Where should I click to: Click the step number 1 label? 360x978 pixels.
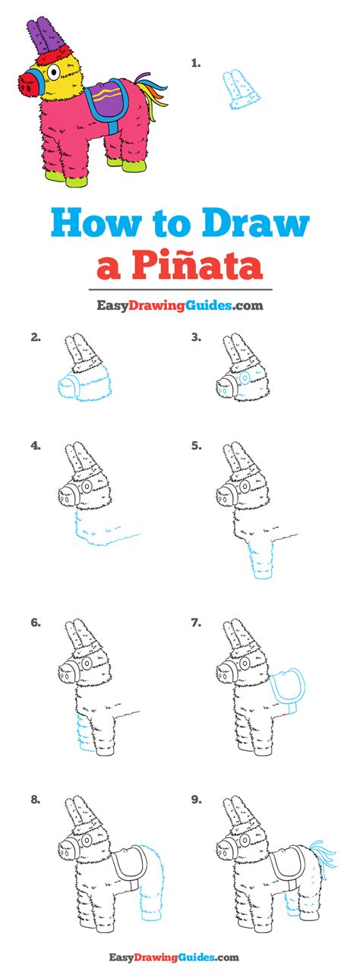click(x=196, y=63)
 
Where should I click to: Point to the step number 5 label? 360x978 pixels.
click(x=196, y=446)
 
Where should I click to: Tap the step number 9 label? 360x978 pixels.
click(x=196, y=800)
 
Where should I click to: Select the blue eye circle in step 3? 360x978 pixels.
click(x=244, y=378)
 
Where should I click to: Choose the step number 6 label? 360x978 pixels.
click(x=36, y=623)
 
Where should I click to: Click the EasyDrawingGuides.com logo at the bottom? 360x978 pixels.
click(x=174, y=957)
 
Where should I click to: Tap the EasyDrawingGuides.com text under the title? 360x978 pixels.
click(x=180, y=304)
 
